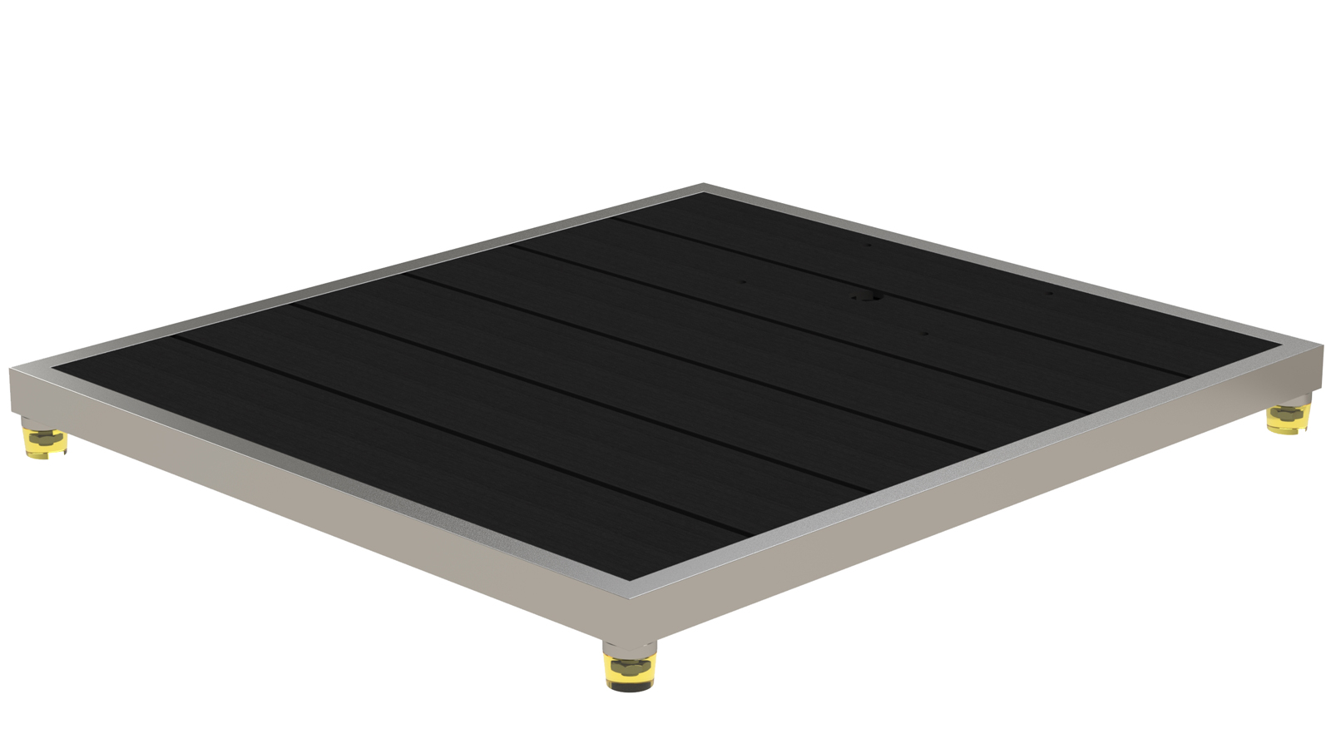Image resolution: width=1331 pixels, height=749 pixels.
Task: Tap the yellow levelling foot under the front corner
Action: click(x=629, y=672)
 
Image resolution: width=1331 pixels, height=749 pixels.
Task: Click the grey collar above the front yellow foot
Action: click(x=629, y=647)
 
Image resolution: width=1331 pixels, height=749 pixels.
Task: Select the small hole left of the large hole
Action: click(x=744, y=281)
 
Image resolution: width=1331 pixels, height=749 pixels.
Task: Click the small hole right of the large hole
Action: click(x=1049, y=293)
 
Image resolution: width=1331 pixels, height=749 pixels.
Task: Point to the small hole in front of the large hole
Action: click(x=925, y=334)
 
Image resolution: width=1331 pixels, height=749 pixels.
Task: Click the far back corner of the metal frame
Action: click(x=703, y=185)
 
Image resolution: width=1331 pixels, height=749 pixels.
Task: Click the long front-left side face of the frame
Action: click(x=316, y=516)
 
